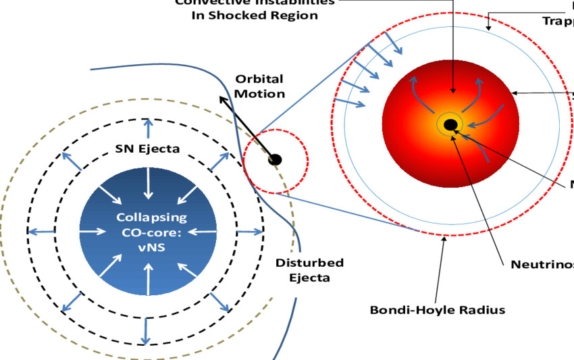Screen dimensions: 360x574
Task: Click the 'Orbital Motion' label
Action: coord(259,86)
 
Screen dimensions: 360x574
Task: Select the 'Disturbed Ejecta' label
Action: coord(309,269)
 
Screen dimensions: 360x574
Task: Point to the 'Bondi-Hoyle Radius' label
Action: coord(437,310)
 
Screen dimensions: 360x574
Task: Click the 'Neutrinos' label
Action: coord(540,263)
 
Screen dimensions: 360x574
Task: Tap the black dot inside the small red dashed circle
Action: coord(274,160)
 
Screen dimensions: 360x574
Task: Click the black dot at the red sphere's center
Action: coord(450,124)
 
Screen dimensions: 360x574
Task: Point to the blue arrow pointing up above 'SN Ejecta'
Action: coord(148,126)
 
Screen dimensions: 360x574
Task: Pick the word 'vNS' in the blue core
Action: coord(147,247)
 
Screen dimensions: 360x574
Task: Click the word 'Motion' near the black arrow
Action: coord(260,93)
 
